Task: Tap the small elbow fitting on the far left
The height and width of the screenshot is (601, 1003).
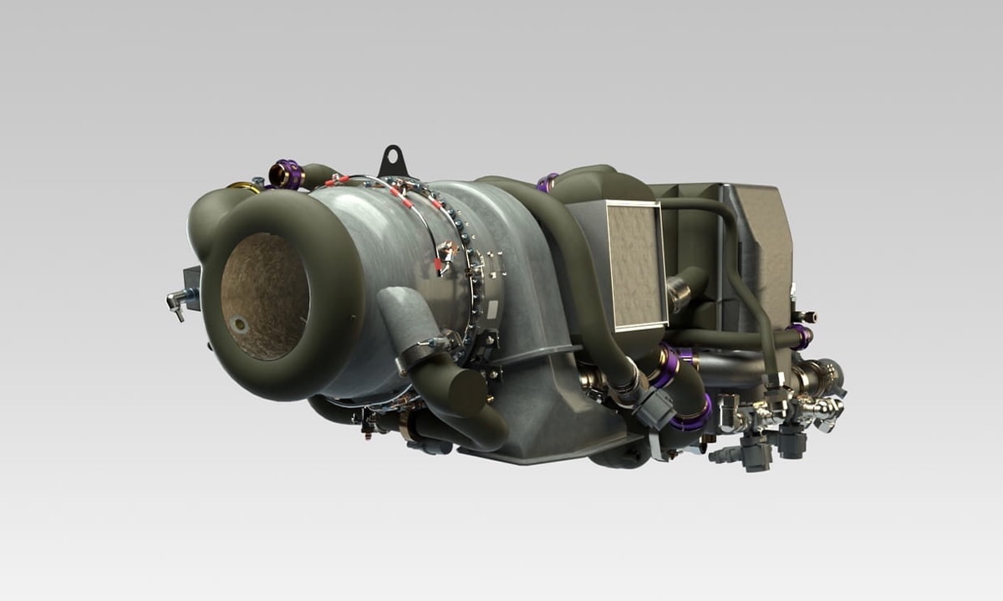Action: pyautogui.click(x=176, y=303)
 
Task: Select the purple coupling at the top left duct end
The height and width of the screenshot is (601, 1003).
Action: pyautogui.click(x=288, y=174)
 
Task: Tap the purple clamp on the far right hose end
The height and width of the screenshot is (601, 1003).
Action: pyautogui.click(x=800, y=337)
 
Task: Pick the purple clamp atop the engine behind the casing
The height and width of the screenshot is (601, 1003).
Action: pyautogui.click(x=547, y=182)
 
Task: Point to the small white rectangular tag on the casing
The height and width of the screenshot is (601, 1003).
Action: pyautogui.click(x=492, y=309)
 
